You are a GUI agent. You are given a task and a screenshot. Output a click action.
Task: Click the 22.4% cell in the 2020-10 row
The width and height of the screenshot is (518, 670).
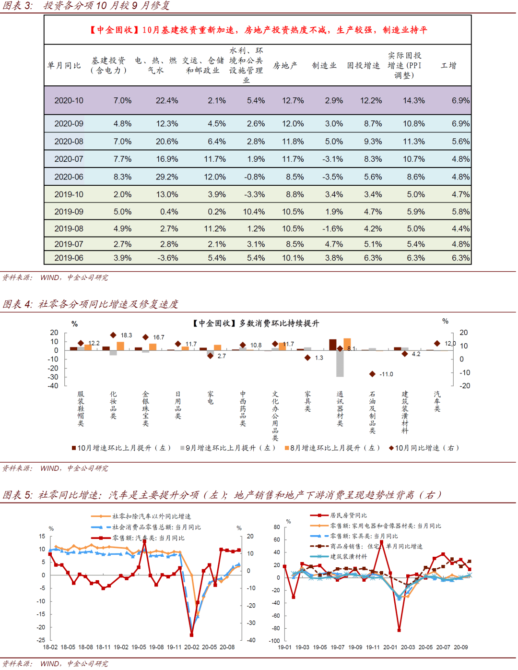click(x=167, y=101)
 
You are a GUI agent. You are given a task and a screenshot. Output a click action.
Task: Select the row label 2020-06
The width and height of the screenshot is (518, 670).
click(x=69, y=177)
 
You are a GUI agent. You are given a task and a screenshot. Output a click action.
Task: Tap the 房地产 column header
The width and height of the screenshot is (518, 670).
click(x=285, y=66)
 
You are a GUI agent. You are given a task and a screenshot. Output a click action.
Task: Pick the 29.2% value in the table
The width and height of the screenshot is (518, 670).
click(x=167, y=177)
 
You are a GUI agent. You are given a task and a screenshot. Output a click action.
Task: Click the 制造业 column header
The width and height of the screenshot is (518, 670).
click(x=324, y=66)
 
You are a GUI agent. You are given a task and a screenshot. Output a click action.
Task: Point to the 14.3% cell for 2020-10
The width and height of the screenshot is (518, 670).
click(x=413, y=101)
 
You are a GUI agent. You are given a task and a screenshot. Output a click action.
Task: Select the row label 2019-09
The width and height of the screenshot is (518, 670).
click(x=69, y=212)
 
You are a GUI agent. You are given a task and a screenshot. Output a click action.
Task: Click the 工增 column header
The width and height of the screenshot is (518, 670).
click(x=448, y=66)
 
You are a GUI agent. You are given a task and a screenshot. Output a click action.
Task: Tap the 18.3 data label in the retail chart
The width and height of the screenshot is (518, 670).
click(x=126, y=335)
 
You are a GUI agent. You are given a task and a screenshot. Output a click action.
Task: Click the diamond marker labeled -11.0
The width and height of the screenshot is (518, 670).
click(x=372, y=374)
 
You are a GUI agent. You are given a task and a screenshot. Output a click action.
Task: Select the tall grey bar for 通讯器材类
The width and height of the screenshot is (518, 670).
click(x=340, y=363)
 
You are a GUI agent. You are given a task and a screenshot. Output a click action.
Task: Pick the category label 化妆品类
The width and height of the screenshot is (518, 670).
click(x=113, y=405)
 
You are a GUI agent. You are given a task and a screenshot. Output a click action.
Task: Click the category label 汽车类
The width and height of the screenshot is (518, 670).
click(x=437, y=402)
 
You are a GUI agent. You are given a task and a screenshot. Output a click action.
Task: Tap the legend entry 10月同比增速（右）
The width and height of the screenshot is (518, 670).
click(x=424, y=448)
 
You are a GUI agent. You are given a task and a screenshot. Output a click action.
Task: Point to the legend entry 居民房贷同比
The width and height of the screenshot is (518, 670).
click(x=348, y=515)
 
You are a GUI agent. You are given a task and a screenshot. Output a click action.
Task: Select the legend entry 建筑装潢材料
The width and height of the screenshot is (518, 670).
click(x=348, y=557)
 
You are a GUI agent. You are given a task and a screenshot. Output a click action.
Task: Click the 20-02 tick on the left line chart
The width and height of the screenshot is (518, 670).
click(x=191, y=647)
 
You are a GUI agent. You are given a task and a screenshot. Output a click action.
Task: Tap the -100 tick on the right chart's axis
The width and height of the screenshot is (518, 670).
click(x=274, y=641)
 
